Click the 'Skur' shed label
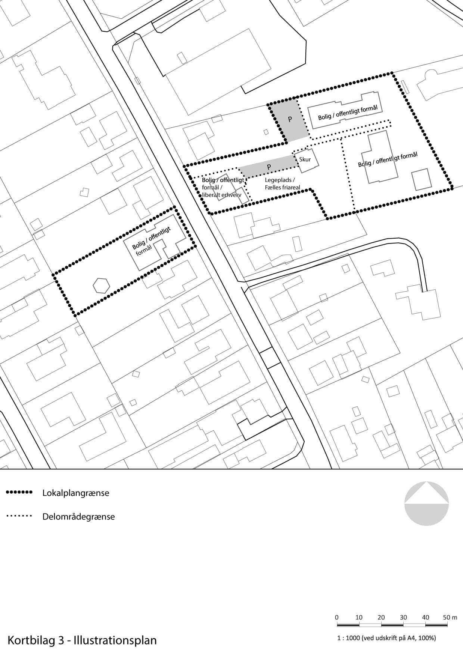305,159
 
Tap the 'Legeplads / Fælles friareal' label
282,184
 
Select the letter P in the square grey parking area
290,119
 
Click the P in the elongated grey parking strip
269,167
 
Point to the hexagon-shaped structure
101,286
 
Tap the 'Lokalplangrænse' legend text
76,493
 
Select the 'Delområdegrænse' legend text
78,517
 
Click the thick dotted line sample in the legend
19,492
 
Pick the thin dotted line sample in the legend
19,516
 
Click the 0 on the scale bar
336,617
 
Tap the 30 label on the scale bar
403,617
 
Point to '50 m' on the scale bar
450,617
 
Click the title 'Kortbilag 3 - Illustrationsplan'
82,640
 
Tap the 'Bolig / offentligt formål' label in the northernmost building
348,112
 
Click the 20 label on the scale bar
381,617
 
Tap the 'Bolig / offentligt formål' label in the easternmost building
388,159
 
